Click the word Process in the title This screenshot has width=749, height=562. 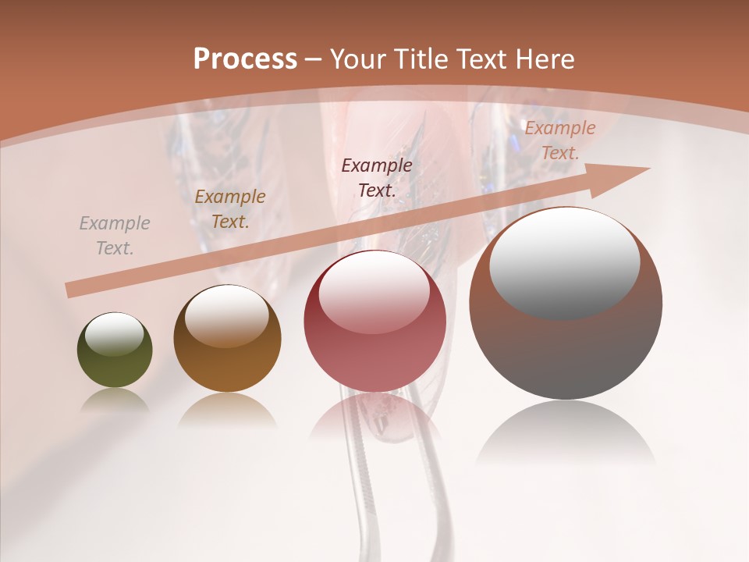(245, 59)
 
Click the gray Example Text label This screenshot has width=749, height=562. (115, 236)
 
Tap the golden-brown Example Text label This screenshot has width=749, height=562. (230, 209)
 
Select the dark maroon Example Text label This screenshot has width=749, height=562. (377, 177)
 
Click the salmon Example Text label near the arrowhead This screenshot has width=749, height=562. (559, 140)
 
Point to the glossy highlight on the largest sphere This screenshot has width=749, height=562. (564, 261)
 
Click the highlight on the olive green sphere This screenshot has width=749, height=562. (115, 334)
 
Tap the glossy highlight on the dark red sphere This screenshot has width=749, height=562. (374, 291)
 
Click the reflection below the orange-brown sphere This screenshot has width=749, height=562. (227, 410)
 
